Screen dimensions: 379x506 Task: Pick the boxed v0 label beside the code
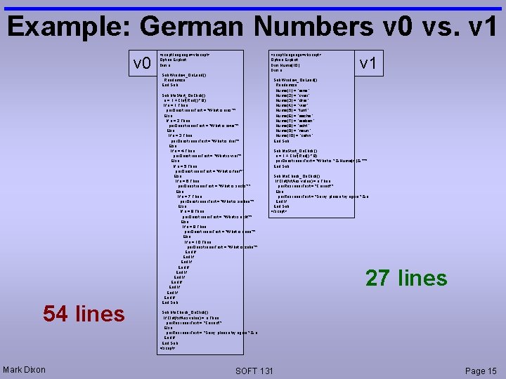(x=143, y=65)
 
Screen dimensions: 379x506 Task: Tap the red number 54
(x=57, y=314)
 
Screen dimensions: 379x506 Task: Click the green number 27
(x=379, y=278)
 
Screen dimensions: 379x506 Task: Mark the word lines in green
(x=422, y=278)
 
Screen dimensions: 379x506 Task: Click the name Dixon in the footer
(x=34, y=370)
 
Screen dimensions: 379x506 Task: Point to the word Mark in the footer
(x=13, y=370)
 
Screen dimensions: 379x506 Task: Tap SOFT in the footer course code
(x=246, y=370)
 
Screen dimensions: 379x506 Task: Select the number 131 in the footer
(x=266, y=370)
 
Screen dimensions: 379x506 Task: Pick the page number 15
(x=492, y=370)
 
